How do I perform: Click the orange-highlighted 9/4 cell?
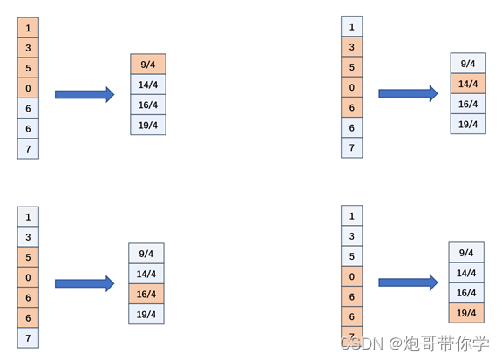pos(147,64)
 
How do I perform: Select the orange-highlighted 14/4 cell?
pos(468,84)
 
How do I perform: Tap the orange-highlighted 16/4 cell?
pos(146,294)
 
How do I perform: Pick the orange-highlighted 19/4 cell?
pos(466,313)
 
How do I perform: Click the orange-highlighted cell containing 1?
pos(28,29)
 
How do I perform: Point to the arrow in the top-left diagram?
pos(85,94)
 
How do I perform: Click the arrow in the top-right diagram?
pos(408,94)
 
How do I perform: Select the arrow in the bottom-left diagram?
pos(85,283)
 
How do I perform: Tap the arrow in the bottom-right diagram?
pos(408,282)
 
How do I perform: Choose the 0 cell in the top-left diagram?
pos(28,88)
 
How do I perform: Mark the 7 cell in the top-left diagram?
pos(28,148)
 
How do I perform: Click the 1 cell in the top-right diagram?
pos(352,27)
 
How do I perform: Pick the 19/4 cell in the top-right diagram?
pos(468,124)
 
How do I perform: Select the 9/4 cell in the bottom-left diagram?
pos(146,254)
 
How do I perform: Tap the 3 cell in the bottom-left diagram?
pos(28,236)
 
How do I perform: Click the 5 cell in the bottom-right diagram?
pos(352,256)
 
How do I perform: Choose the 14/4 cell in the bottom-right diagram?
pos(466,273)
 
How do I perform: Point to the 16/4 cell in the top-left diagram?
pos(147,105)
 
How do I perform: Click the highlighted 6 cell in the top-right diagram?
pos(352,107)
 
